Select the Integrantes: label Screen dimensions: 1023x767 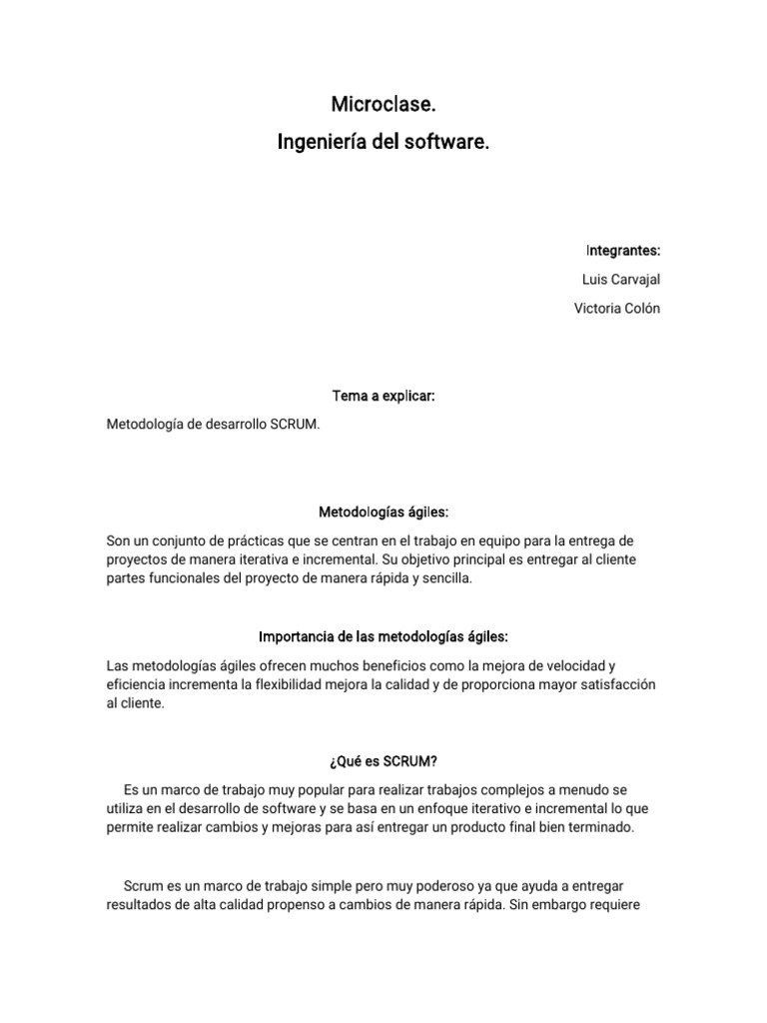point(623,250)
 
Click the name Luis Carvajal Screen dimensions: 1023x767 point(620,279)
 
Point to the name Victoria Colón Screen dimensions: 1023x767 point(616,308)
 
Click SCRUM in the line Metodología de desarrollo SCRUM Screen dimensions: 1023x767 point(297,425)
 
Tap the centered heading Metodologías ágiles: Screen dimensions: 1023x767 point(383,511)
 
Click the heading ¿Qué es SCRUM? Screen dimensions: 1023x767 point(383,761)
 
